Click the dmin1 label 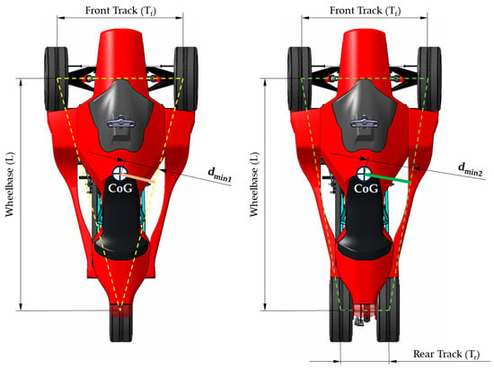tap(219, 175)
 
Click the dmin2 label tap(470, 169)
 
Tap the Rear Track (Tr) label tap(446, 355)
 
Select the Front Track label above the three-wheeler tap(120, 11)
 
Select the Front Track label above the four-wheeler tap(366, 11)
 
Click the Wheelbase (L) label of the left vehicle tap(10, 184)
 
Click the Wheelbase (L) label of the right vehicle tap(254, 184)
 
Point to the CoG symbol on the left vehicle tap(119, 174)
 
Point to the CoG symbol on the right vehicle tap(364, 174)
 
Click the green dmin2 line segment tap(388, 177)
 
